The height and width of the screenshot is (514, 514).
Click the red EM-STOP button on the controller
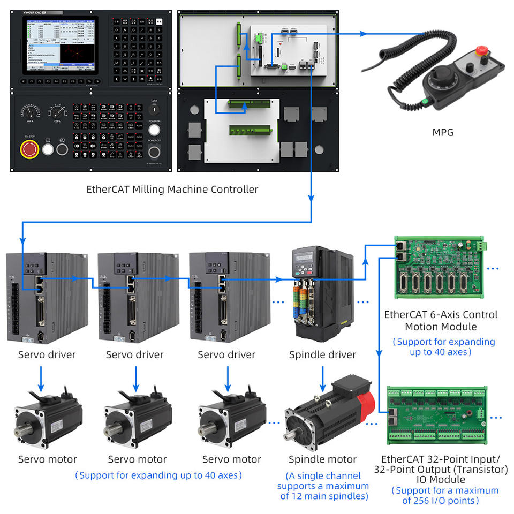29,149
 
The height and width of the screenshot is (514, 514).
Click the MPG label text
442,132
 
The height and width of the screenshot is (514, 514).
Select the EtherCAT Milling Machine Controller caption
172,189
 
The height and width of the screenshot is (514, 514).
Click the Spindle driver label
322,354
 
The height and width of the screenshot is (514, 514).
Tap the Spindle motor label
322,459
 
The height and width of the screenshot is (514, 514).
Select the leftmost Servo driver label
47,354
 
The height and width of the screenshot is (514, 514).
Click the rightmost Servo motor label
232,459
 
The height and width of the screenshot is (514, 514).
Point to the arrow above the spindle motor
323,377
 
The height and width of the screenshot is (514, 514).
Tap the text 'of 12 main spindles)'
323,496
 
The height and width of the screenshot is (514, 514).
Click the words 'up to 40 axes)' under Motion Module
441,352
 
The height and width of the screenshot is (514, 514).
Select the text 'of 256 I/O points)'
441,501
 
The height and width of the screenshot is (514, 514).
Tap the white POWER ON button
154,130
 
